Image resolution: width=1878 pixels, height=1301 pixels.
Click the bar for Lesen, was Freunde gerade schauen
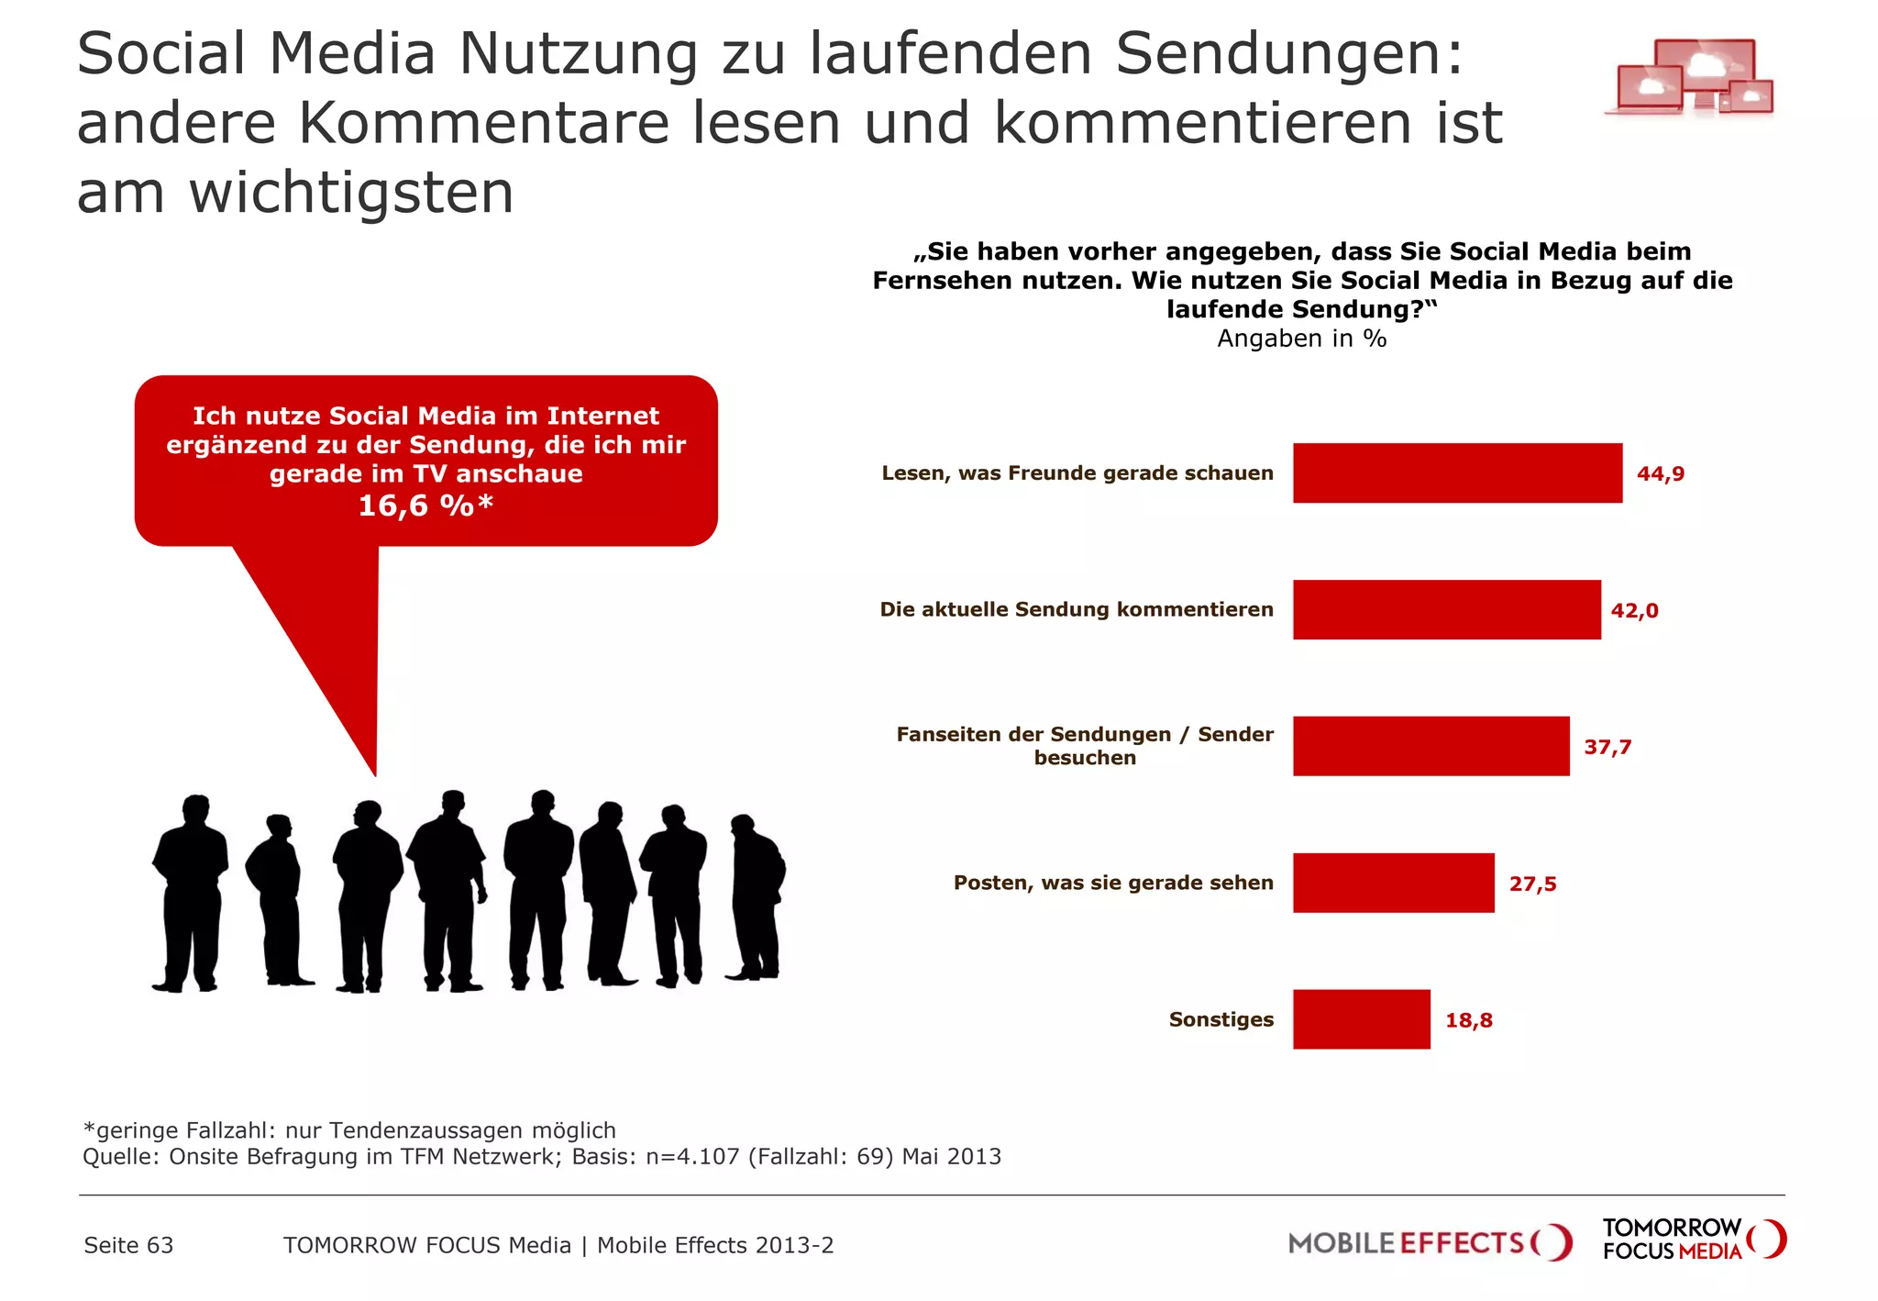tap(1456, 473)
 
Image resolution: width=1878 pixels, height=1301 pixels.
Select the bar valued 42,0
tap(1446, 609)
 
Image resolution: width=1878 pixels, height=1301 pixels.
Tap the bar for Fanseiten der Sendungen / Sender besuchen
tap(1431, 746)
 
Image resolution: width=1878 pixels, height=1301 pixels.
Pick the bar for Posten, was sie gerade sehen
tap(1393, 883)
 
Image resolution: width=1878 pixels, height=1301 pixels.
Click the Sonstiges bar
tap(1361, 1019)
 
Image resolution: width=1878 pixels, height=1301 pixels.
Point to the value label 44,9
tap(1661, 473)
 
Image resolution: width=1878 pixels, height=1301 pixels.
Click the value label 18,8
tap(1468, 1020)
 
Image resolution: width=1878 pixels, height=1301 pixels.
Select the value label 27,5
tap(1532, 884)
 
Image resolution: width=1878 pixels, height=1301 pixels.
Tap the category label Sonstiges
tap(1221, 1019)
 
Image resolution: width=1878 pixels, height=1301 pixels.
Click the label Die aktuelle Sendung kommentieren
tap(1077, 609)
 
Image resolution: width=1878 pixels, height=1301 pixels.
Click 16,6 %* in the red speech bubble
tap(425, 506)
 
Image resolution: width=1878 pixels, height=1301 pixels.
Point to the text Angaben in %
tap(1301, 339)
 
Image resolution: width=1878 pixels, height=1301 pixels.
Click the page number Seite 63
tap(128, 1245)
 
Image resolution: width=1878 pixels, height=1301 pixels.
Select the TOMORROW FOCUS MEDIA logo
tap(1693, 1239)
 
